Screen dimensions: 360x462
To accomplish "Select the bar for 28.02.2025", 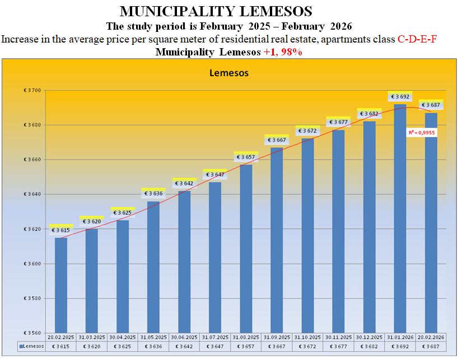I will pyautogui.click(x=61, y=286).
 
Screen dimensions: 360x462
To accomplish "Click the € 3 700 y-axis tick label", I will pyautogui.click(x=34, y=90).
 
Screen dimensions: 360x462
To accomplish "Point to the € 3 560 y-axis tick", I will pyautogui.click(x=34, y=333).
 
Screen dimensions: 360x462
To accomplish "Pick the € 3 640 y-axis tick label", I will pyautogui.click(x=34, y=194).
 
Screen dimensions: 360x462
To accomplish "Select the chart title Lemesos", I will pyautogui.click(x=228, y=73).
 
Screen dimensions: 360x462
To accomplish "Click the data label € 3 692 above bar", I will pyautogui.click(x=400, y=97).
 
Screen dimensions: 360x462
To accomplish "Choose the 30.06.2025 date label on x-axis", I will pyautogui.click(x=184, y=338).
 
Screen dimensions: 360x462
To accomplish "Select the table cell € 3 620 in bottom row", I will pyautogui.click(x=92, y=347).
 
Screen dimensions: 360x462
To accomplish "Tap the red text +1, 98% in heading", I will pyautogui.click(x=283, y=52).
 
